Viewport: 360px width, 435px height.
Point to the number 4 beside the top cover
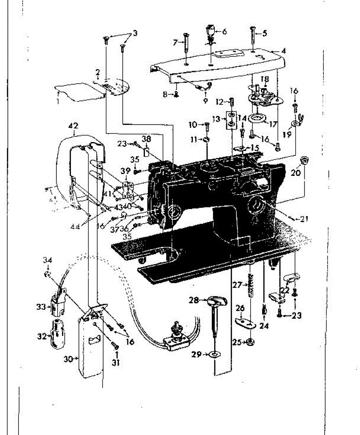point(283,51)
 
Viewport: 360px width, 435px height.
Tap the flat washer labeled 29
point(215,354)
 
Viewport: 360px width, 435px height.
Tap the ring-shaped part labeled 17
point(258,118)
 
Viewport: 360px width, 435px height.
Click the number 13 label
point(216,119)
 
